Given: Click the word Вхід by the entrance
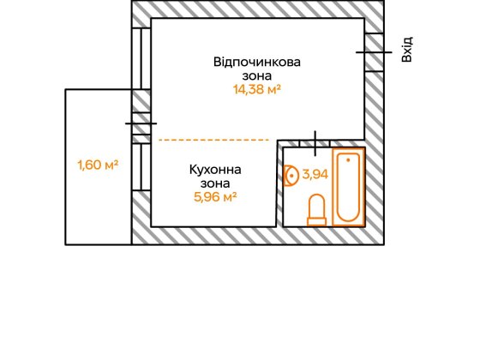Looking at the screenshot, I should tap(407, 48).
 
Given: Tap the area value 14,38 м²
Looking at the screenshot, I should tap(258, 88).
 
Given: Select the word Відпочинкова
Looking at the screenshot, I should tap(258, 62).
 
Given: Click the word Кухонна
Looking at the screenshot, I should tap(215, 169).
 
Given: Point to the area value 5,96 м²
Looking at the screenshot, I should tap(215, 195).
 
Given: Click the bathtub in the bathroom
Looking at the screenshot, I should tap(349, 187).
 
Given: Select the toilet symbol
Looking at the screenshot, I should tap(316, 210).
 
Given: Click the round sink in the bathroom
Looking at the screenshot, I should tap(291, 176).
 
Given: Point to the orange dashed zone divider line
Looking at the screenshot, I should tap(213, 139).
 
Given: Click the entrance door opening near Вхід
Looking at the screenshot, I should tap(374, 51).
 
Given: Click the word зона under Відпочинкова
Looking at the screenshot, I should tap(258, 75).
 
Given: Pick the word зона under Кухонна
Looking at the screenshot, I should tap(215, 183).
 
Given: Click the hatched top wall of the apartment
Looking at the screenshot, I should tap(257, 10).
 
